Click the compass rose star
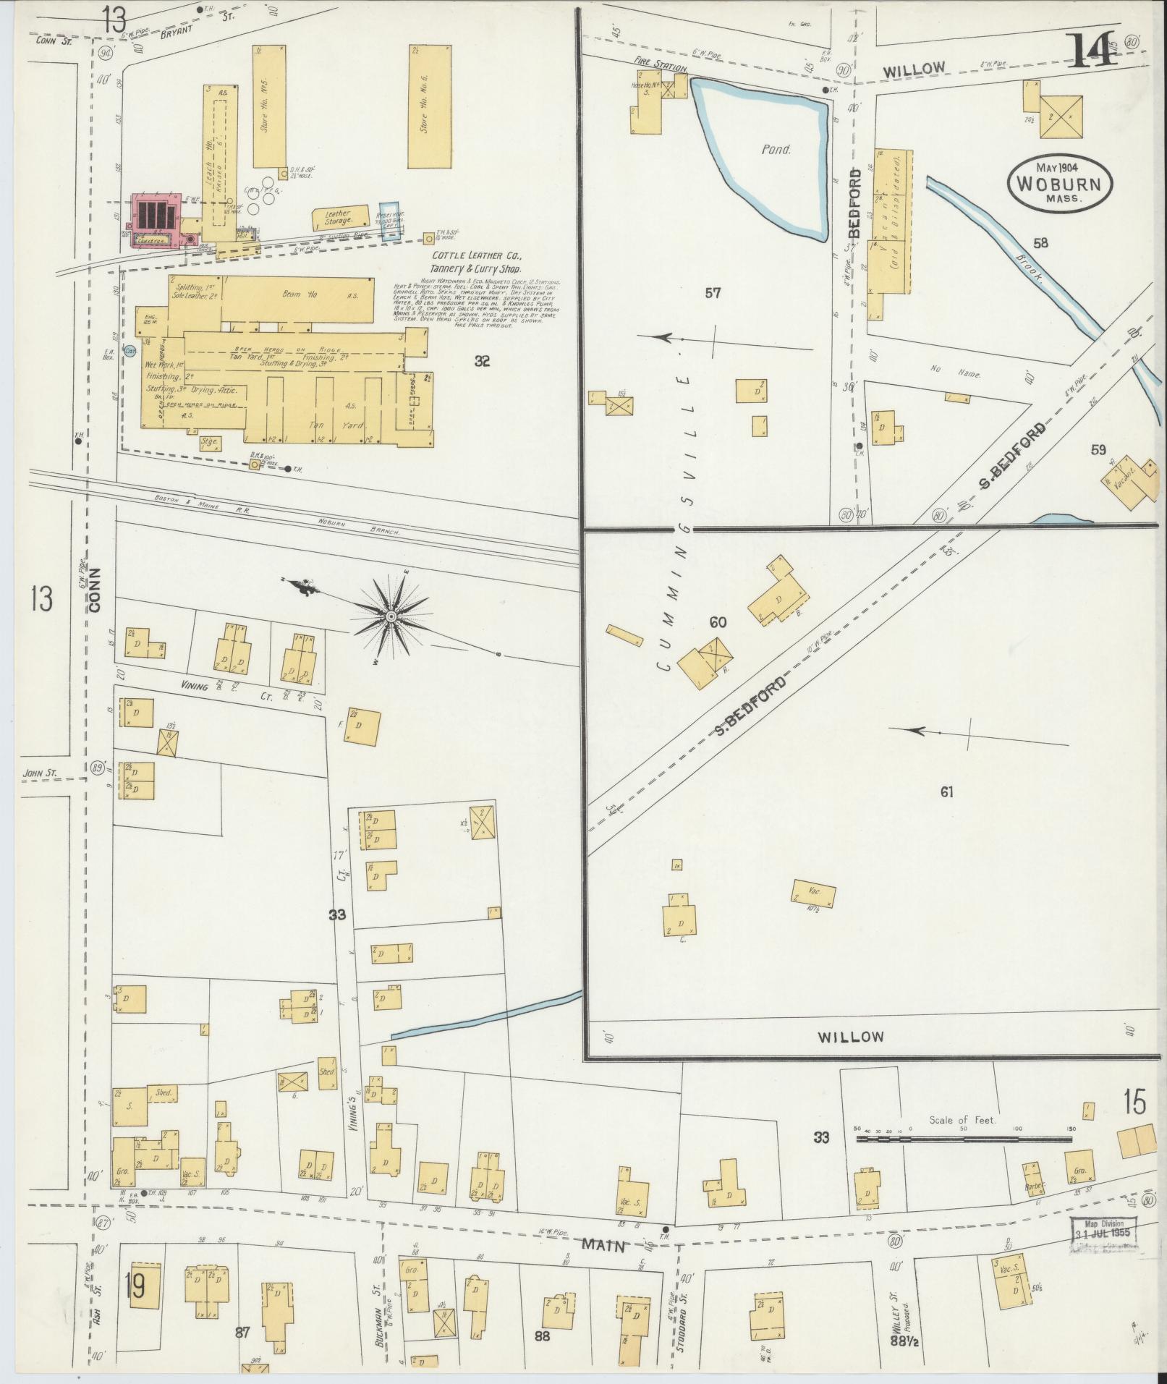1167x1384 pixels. click(391, 616)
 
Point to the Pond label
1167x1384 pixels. click(775, 150)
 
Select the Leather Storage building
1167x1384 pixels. click(337, 218)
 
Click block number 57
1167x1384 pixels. click(713, 294)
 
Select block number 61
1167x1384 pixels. click(946, 792)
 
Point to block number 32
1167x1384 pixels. click(482, 361)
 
